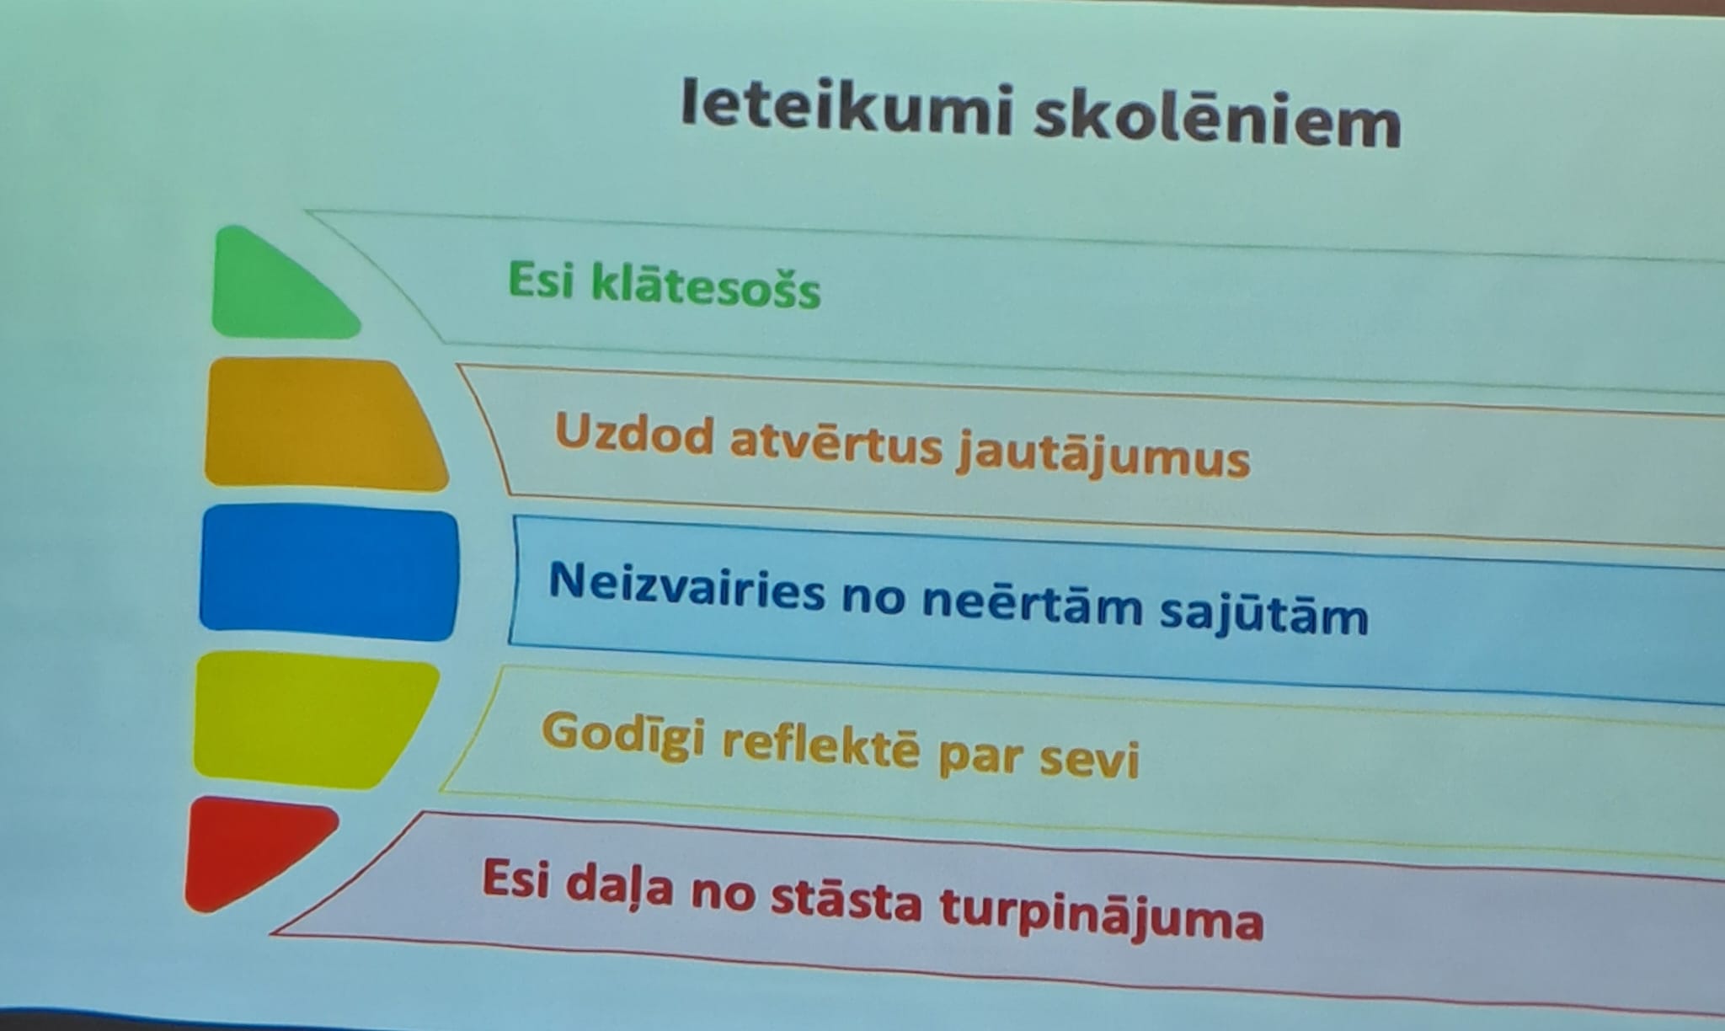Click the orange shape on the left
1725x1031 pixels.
[325, 425]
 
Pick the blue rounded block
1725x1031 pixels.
[328, 572]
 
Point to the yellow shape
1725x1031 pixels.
[313, 720]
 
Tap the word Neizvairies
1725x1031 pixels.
[686, 586]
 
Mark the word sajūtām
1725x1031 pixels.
[1264, 613]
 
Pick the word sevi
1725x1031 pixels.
[1089, 758]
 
